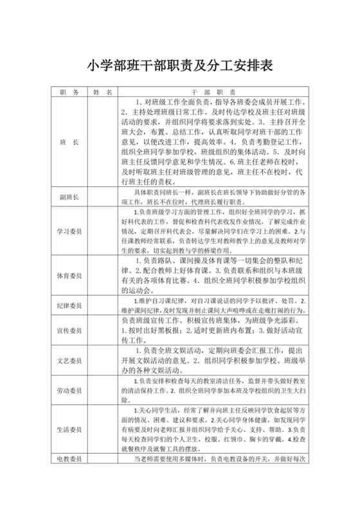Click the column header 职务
[68, 93]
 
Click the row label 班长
[68, 141]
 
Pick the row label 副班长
[68, 197]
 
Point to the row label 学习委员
[68, 231]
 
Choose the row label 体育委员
[68, 276]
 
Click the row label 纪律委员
[68, 306]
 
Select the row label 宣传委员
[68, 331]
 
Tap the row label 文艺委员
[68, 361]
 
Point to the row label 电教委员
[68, 460]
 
